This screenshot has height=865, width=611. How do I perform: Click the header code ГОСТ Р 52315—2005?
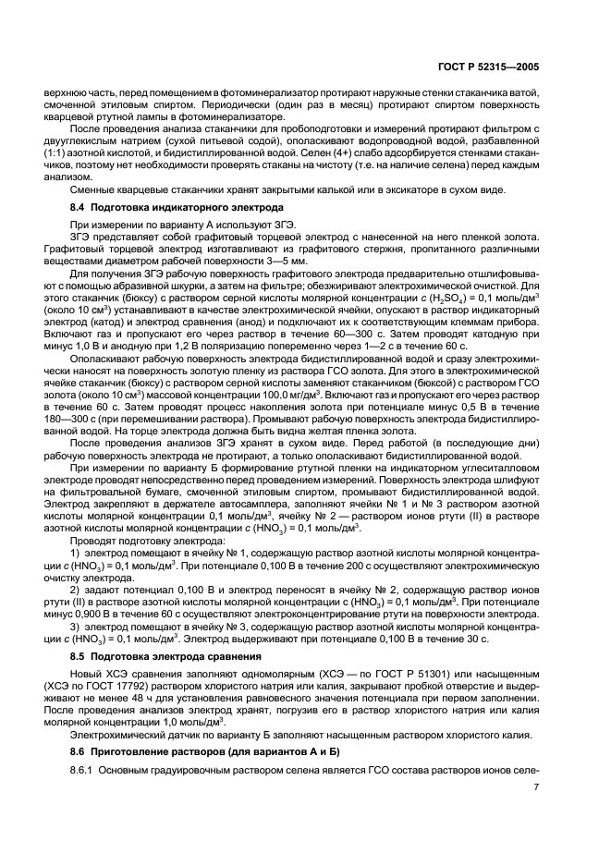528,67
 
